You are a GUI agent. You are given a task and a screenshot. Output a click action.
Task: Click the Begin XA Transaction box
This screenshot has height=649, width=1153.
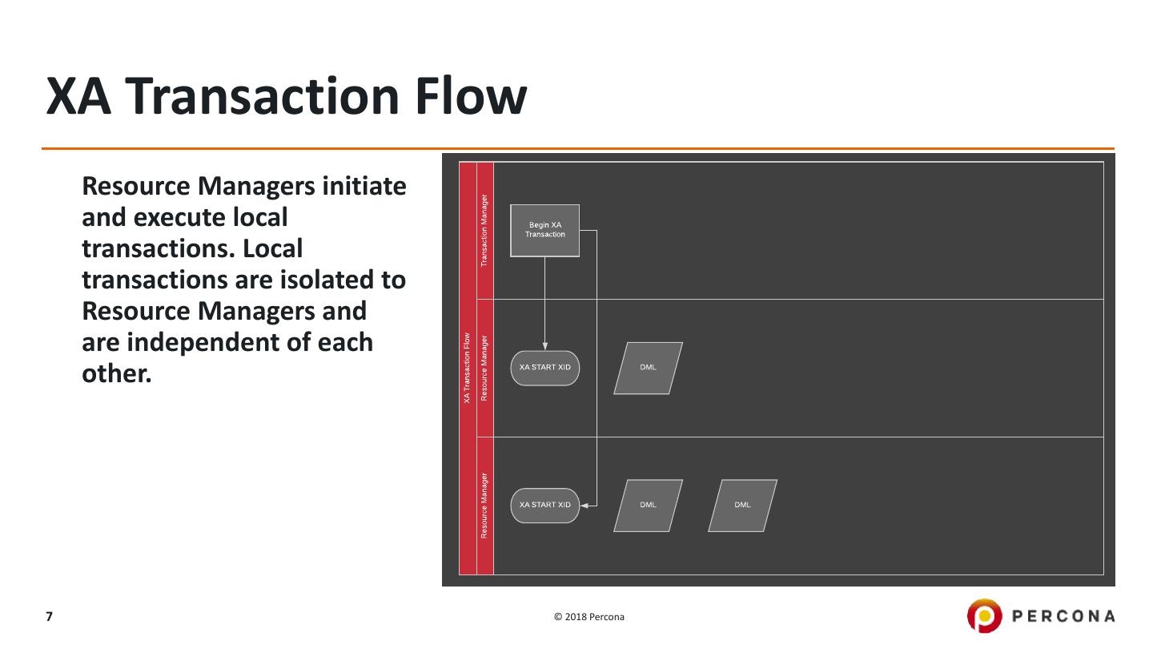point(544,230)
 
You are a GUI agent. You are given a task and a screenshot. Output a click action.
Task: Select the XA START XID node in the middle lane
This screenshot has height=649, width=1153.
point(544,368)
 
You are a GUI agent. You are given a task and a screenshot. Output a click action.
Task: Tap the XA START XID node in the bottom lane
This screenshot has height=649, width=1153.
point(544,506)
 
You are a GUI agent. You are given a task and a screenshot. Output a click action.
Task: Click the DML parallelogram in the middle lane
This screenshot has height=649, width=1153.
point(648,368)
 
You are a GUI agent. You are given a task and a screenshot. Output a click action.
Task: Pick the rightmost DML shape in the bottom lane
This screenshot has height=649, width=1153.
point(742,506)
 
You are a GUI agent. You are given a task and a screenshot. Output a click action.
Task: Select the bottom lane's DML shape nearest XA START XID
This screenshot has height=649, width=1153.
point(648,506)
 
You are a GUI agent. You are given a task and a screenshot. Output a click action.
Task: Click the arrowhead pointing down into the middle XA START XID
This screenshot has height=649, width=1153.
point(545,345)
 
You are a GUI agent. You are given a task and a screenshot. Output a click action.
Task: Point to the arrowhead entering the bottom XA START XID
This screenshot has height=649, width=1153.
point(585,506)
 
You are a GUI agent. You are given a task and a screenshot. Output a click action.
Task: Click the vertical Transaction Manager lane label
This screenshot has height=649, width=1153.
point(484,231)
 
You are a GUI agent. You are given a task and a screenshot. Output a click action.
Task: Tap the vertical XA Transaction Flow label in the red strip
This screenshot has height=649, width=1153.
point(467,368)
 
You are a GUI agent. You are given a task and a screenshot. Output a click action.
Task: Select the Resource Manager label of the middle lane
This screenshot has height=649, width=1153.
point(484,368)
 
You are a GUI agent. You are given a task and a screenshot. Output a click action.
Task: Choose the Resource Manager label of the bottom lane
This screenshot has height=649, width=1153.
point(484,506)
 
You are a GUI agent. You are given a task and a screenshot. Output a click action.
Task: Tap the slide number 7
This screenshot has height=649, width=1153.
point(49,616)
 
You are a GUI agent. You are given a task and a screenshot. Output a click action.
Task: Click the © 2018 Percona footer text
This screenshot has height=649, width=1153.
point(589,617)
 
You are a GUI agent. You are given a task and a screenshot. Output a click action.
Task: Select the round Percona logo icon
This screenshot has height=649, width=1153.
point(983,615)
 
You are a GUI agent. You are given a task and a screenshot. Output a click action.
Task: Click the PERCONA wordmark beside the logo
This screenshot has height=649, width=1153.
point(1063,616)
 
